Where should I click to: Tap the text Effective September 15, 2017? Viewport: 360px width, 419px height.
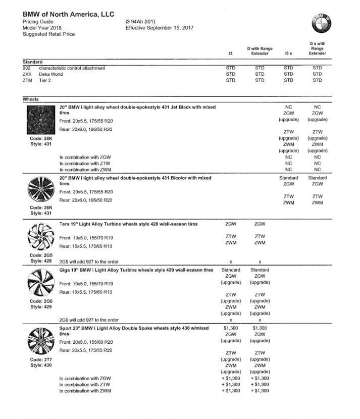159,28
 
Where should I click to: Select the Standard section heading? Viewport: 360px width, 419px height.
32,62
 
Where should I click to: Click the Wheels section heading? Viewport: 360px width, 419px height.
31,99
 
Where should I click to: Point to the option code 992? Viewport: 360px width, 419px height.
27,68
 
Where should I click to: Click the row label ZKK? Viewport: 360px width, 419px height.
28,74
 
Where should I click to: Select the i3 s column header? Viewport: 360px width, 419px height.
289,53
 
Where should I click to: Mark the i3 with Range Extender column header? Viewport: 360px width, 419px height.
260,50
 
